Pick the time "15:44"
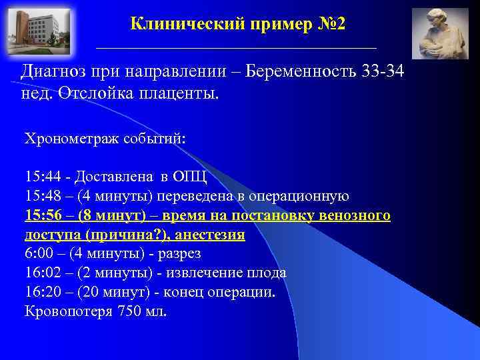coord(43,177)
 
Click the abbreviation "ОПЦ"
coord(191,177)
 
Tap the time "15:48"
coord(43,197)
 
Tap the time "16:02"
coord(43,273)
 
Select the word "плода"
coord(267,273)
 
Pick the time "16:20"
coord(43,293)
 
